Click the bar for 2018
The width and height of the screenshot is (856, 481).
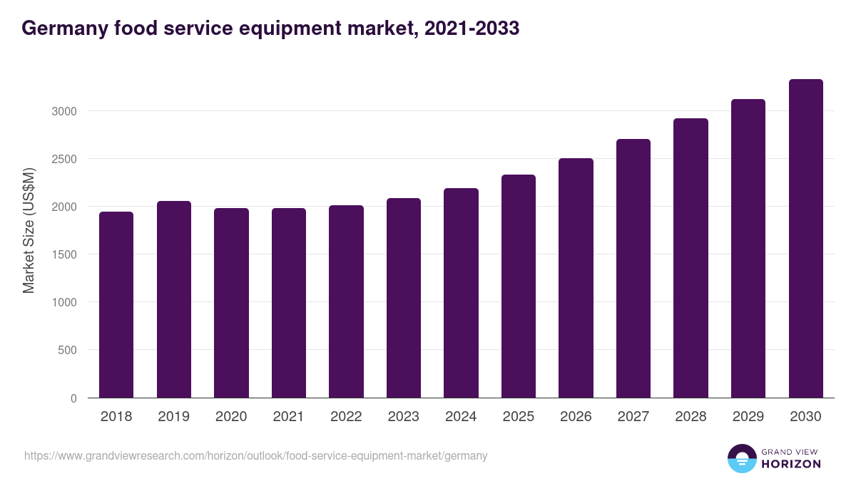116,305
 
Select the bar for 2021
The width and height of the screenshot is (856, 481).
289,303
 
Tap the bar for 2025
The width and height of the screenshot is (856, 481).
519,286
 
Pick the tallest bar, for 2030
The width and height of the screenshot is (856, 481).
805,239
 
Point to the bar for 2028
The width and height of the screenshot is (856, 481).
691,258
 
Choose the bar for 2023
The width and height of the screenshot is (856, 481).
404,298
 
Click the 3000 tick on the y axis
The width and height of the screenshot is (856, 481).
63,111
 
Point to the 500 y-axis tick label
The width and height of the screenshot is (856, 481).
66,350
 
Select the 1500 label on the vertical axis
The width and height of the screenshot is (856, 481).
63,254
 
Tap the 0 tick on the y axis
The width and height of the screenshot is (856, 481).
73,398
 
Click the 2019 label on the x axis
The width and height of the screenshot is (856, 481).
174,417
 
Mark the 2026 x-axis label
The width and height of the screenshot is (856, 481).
576,417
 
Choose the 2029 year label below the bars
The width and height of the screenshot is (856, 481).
748,417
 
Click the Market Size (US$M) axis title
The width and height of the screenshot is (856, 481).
29,230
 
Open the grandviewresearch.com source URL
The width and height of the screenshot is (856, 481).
255,455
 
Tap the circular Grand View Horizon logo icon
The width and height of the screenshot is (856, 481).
742,459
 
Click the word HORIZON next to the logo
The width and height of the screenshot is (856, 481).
791,464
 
